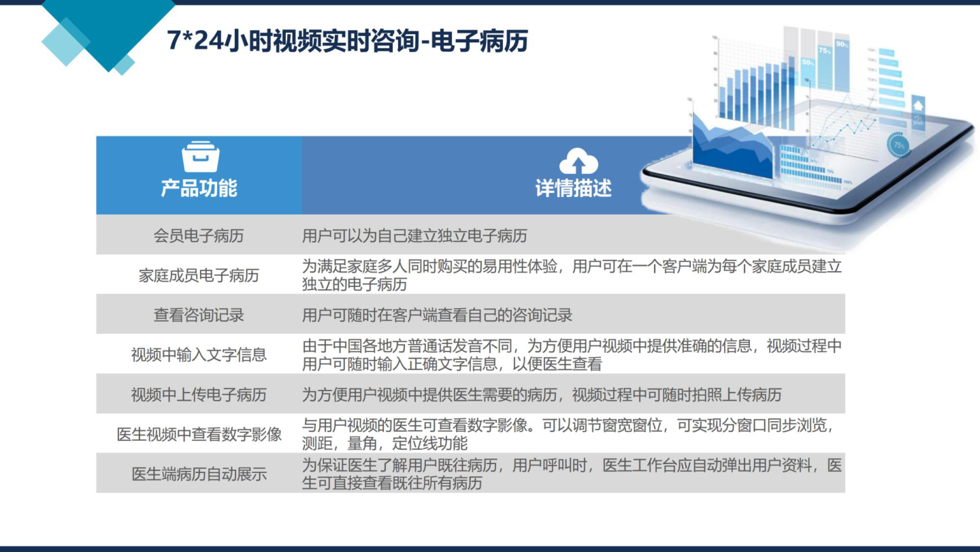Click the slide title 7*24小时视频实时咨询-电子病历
click(x=347, y=41)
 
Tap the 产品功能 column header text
click(x=199, y=188)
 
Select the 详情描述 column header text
click(x=573, y=188)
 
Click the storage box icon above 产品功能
click(x=200, y=157)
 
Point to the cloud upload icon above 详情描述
click(x=578, y=161)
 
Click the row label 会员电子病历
click(x=199, y=236)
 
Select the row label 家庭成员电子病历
click(x=199, y=275)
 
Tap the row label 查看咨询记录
click(x=199, y=315)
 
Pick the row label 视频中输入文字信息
click(x=199, y=355)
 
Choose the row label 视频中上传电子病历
click(x=199, y=395)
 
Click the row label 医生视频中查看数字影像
click(x=199, y=434)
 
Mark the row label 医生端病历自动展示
click(x=199, y=474)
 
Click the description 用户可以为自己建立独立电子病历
click(x=414, y=236)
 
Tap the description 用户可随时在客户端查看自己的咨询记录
click(x=437, y=315)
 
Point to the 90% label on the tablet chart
click(x=842, y=44)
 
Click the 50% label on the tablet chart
click(x=808, y=62)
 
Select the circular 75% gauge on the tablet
click(x=898, y=145)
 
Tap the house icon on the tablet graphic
click(x=918, y=106)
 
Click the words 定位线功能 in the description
click(x=429, y=444)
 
